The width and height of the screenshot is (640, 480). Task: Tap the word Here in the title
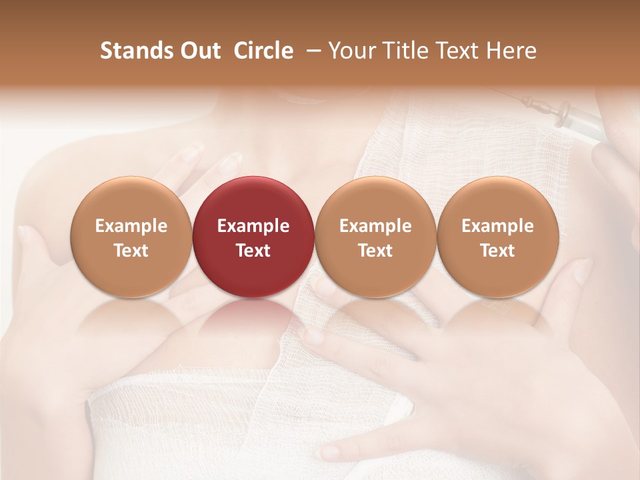(x=511, y=51)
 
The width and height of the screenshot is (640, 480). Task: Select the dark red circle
(x=253, y=237)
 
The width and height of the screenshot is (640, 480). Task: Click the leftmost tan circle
(x=131, y=237)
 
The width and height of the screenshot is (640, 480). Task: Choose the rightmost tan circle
(x=497, y=237)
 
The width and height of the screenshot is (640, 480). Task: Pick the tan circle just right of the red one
(x=375, y=237)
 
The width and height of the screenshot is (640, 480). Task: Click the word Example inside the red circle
(x=253, y=226)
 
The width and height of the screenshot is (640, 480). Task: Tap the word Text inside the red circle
(x=253, y=251)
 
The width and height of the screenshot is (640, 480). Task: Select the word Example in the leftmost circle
(x=131, y=226)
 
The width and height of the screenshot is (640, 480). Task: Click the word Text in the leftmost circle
(x=131, y=251)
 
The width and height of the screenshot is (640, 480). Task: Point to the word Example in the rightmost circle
(x=497, y=226)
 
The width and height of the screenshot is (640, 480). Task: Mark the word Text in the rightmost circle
(x=497, y=251)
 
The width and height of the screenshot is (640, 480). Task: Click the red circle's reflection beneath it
(x=253, y=317)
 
